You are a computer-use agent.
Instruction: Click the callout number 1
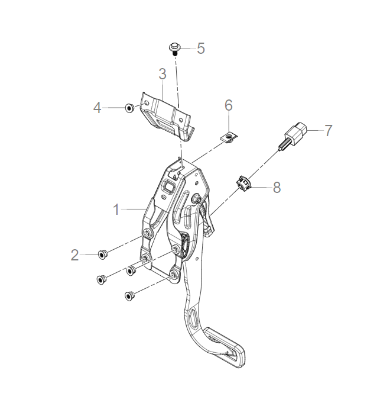coord(117,209)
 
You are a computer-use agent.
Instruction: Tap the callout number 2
coord(74,255)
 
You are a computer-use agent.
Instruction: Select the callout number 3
coord(162,75)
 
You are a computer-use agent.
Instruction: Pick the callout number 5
coord(201,49)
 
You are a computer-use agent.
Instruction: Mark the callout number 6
coord(229,105)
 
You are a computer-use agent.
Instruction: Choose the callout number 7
coord(328,131)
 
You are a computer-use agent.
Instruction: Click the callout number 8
coord(276,188)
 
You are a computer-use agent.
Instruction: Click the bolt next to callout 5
coord(175,48)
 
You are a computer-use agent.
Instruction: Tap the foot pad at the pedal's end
coord(227,353)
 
